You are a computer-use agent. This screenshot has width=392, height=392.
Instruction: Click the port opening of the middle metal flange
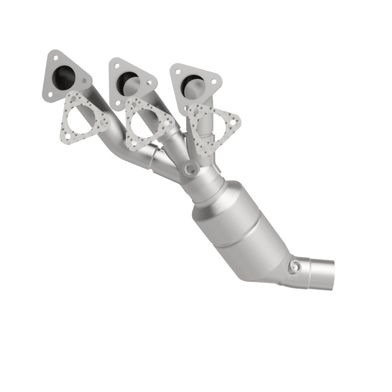128,78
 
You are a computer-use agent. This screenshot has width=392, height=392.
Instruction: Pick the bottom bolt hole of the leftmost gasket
68,136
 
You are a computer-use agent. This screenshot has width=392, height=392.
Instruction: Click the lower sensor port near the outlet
295,266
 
